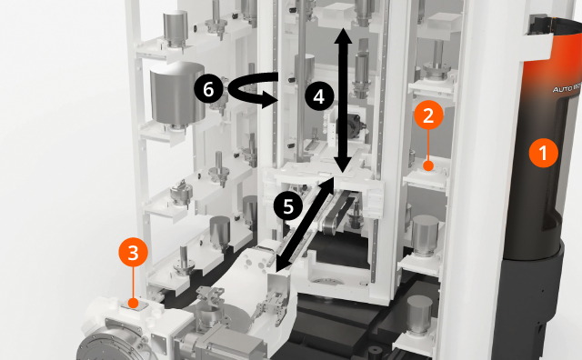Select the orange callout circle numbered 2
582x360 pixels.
(x=428, y=115)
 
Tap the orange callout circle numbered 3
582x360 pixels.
(x=134, y=253)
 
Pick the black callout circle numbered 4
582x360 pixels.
(x=316, y=95)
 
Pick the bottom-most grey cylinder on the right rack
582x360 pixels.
(x=418, y=317)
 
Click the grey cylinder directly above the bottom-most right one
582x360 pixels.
(x=426, y=235)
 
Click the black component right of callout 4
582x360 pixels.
(x=353, y=127)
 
